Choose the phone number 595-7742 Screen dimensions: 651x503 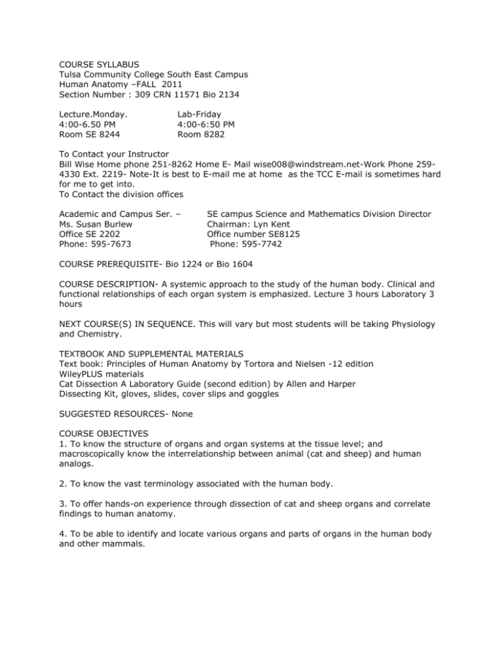[x=257, y=246]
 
